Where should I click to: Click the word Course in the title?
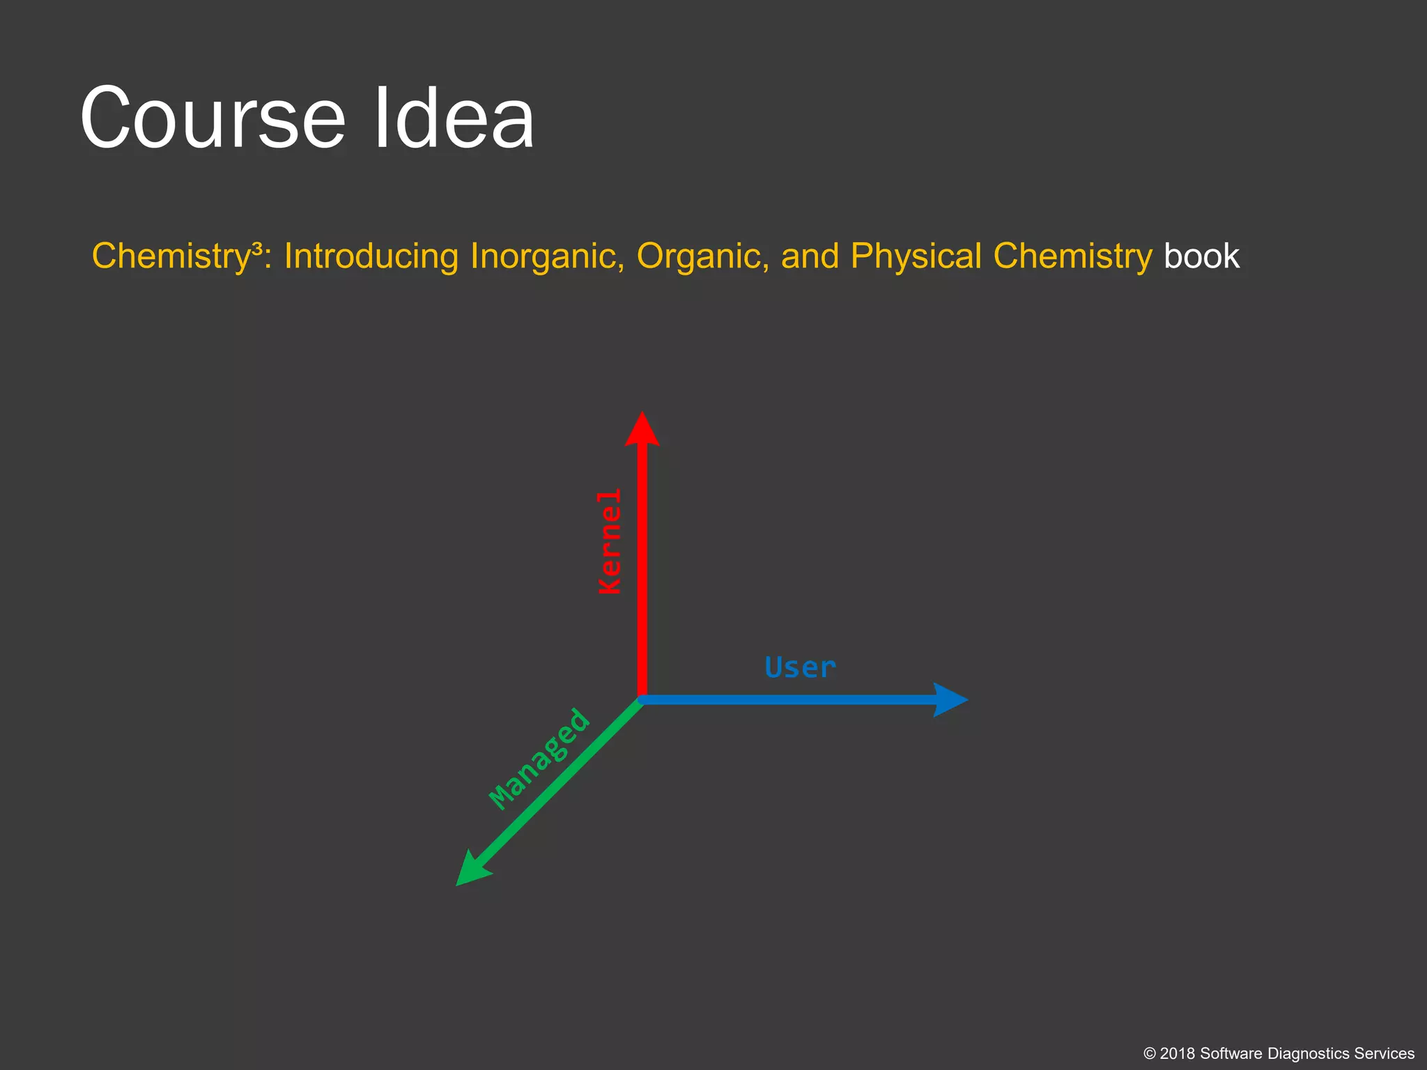point(213,118)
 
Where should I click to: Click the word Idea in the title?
point(454,118)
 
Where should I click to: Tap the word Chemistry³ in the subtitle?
point(178,256)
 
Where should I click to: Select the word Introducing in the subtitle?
point(371,256)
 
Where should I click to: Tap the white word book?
point(1201,256)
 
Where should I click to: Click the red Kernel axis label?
point(610,541)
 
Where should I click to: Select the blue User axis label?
point(799,667)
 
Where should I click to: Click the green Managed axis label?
point(539,759)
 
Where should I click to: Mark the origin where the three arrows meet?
point(642,699)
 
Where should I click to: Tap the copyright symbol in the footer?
point(1150,1053)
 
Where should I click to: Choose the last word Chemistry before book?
point(1072,256)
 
